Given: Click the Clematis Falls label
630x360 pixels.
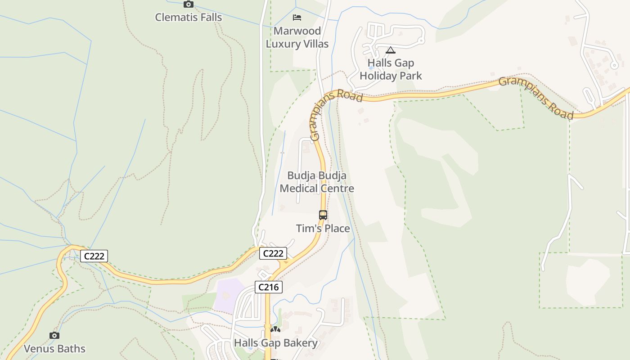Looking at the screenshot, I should point(188,18).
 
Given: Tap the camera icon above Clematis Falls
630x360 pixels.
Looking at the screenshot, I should point(189,4).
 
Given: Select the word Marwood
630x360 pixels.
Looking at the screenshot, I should point(297,31).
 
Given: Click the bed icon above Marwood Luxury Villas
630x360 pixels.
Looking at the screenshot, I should point(297,18).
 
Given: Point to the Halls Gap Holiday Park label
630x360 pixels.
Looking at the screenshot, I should point(391,69).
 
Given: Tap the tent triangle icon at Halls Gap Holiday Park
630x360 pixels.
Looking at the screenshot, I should point(390,50).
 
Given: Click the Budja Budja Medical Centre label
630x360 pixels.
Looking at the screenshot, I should point(317,182).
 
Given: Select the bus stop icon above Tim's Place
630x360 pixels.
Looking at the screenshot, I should point(323,215).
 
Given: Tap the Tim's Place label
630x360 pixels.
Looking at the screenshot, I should point(323,229).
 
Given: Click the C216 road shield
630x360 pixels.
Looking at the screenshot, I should point(269,287).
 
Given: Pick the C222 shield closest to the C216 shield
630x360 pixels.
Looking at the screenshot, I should point(273,253).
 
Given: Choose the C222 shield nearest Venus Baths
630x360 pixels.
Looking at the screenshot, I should point(94,256).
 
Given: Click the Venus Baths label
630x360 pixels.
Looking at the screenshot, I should point(54,349).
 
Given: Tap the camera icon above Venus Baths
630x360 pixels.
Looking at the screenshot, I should point(54,335).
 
